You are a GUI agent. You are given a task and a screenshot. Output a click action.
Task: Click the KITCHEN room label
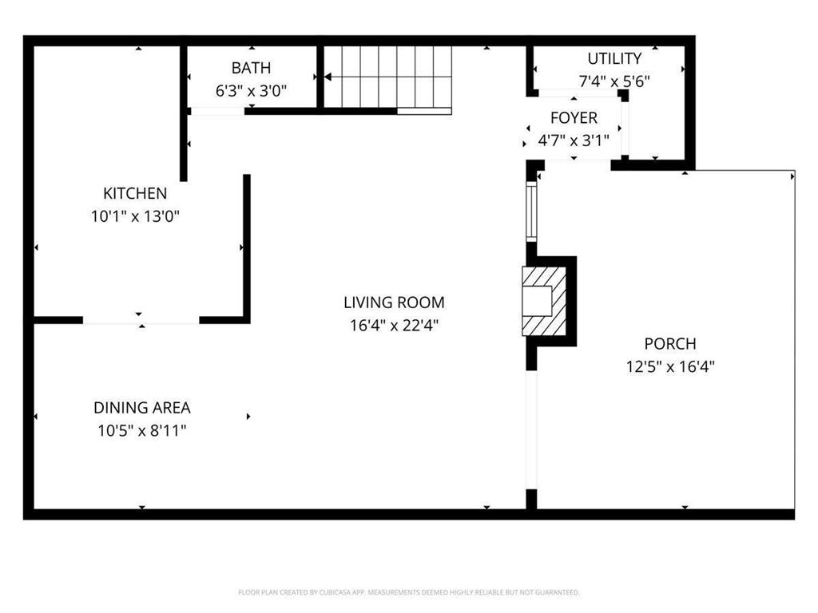[x=135, y=193]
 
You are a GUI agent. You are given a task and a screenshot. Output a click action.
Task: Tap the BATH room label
[x=251, y=68]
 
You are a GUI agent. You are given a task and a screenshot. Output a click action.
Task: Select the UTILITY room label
[x=614, y=58]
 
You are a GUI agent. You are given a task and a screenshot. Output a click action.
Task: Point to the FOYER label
[x=574, y=118]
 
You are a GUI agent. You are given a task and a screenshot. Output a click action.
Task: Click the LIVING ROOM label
[x=394, y=303]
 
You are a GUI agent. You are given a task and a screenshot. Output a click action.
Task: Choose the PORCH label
[x=670, y=344]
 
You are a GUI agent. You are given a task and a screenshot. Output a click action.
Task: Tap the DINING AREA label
[x=142, y=408]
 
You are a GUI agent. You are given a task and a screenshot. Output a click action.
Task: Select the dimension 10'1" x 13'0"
[x=135, y=216]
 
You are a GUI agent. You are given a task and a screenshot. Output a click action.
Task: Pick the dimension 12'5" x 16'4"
[x=670, y=367]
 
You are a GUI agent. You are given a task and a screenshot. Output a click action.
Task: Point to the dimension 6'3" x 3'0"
[x=251, y=91]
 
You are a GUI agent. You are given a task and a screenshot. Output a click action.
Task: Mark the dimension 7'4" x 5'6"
[x=614, y=81]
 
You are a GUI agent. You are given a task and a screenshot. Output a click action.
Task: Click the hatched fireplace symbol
[x=545, y=301]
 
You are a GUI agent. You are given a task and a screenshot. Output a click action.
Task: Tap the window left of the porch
[x=530, y=212]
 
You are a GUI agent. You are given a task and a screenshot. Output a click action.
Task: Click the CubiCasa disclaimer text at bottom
[x=408, y=592]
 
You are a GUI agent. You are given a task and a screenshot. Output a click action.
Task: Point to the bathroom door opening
[x=217, y=111]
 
